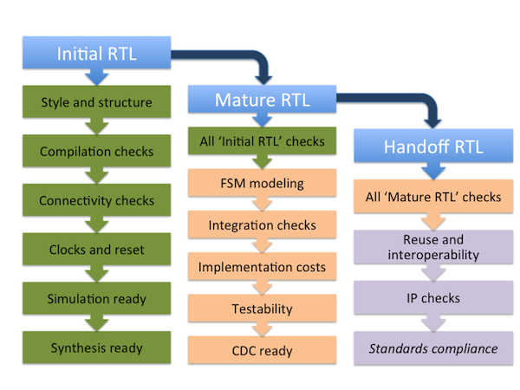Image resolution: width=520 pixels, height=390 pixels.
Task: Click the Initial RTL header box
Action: pos(96,53)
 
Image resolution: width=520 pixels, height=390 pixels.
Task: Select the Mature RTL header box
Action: pos(262,99)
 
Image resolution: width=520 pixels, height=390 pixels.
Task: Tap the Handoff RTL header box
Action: pos(433,146)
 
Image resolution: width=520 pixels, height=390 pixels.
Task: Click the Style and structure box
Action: pos(96,101)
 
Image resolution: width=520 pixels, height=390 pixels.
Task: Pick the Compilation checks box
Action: pos(96,151)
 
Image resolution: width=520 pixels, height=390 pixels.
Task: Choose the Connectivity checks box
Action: pos(96,200)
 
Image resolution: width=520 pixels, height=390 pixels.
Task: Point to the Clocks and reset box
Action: pos(96,249)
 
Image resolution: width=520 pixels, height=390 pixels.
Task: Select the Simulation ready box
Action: pos(96,298)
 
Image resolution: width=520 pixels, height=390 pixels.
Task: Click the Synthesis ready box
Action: pos(96,348)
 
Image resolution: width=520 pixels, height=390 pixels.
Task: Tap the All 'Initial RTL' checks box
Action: pos(262,141)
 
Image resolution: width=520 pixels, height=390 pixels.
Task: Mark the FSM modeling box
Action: pos(262,183)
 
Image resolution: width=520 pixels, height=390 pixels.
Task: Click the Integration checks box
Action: pos(262,224)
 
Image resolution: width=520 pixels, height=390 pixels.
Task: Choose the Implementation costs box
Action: pos(262,266)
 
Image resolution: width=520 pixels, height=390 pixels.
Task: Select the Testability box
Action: pos(262,308)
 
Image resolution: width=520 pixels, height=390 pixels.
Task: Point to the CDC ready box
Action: pos(262,350)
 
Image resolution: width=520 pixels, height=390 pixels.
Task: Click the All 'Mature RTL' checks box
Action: pos(433,197)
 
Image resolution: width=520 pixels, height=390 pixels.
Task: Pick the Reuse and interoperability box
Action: pos(433,247)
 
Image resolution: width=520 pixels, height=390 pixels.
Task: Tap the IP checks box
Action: pos(433,297)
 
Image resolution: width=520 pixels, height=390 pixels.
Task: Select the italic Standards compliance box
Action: pos(433,348)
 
